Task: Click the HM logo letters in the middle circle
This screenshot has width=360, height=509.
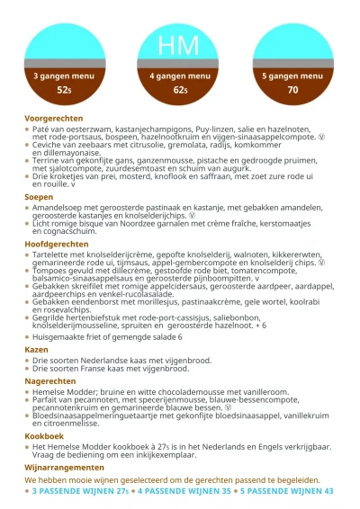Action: pyautogui.click(x=179, y=46)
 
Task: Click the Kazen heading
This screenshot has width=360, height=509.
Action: pyautogui.click(x=36, y=348)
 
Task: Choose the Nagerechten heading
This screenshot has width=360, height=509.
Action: pyautogui.click(x=50, y=381)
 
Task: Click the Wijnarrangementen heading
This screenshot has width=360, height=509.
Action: pyautogui.click(x=64, y=468)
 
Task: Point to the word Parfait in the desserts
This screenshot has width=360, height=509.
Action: pyautogui.click(x=45, y=400)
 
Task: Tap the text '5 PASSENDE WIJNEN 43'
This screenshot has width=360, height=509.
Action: pyautogui.click(x=286, y=492)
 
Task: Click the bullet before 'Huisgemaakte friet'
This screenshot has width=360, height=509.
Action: pyautogui.click(x=27, y=337)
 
